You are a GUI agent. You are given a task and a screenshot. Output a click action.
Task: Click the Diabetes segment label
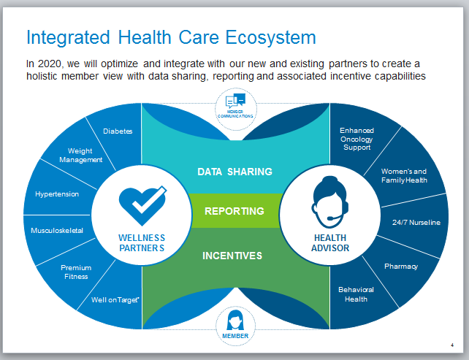pyautogui.click(x=118, y=131)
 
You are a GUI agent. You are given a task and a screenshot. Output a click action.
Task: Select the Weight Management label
pyautogui.click(x=81, y=156)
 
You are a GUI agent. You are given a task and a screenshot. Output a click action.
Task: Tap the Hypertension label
pyautogui.click(x=57, y=194)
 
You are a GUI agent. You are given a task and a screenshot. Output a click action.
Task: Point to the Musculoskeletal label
pyautogui.click(x=57, y=231)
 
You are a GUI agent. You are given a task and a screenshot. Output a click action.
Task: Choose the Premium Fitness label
pyautogui.click(x=76, y=272)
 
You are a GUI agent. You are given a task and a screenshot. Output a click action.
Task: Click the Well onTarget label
pyautogui.click(x=115, y=300)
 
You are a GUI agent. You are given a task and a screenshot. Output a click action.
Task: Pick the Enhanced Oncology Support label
pyautogui.click(x=356, y=139)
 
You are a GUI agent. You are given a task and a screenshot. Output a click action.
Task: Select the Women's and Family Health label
pyautogui.click(x=404, y=176)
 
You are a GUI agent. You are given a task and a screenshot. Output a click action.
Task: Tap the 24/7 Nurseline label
pyautogui.click(x=416, y=223)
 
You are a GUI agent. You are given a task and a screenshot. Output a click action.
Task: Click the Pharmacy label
pyautogui.click(x=401, y=267)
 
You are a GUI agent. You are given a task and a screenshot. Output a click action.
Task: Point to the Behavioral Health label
pyautogui.click(x=356, y=294)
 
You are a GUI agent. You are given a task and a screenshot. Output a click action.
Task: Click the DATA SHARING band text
pyautogui.click(x=234, y=172)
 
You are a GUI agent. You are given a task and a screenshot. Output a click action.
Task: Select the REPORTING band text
pyautogui.click(x=234, y=211)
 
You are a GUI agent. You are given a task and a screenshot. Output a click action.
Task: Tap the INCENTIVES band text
pyautogui.click(x=232, y=256)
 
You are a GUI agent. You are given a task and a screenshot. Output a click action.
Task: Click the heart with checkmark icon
pyautogui.click(x=142, y=206)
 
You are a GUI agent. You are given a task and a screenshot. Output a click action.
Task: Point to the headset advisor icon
pyautogui.click(x=329, y=202)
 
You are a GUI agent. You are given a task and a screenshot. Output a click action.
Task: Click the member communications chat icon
pyautogui.click(x=236, y=101)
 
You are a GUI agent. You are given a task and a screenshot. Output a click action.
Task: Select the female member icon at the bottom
pyautogui.click(x=235, y=321)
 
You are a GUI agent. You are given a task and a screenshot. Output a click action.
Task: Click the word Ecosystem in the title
pyautogui.click(x=270, y=38)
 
